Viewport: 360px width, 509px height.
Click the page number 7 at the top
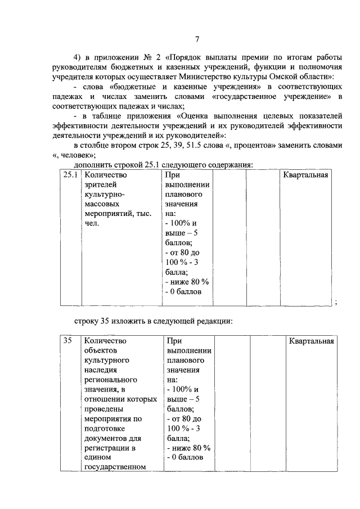(197, 39)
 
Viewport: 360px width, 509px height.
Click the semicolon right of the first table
(335, 302)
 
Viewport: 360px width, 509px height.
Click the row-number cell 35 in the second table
(67, 340)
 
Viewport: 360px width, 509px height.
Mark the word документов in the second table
(107, 438)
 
